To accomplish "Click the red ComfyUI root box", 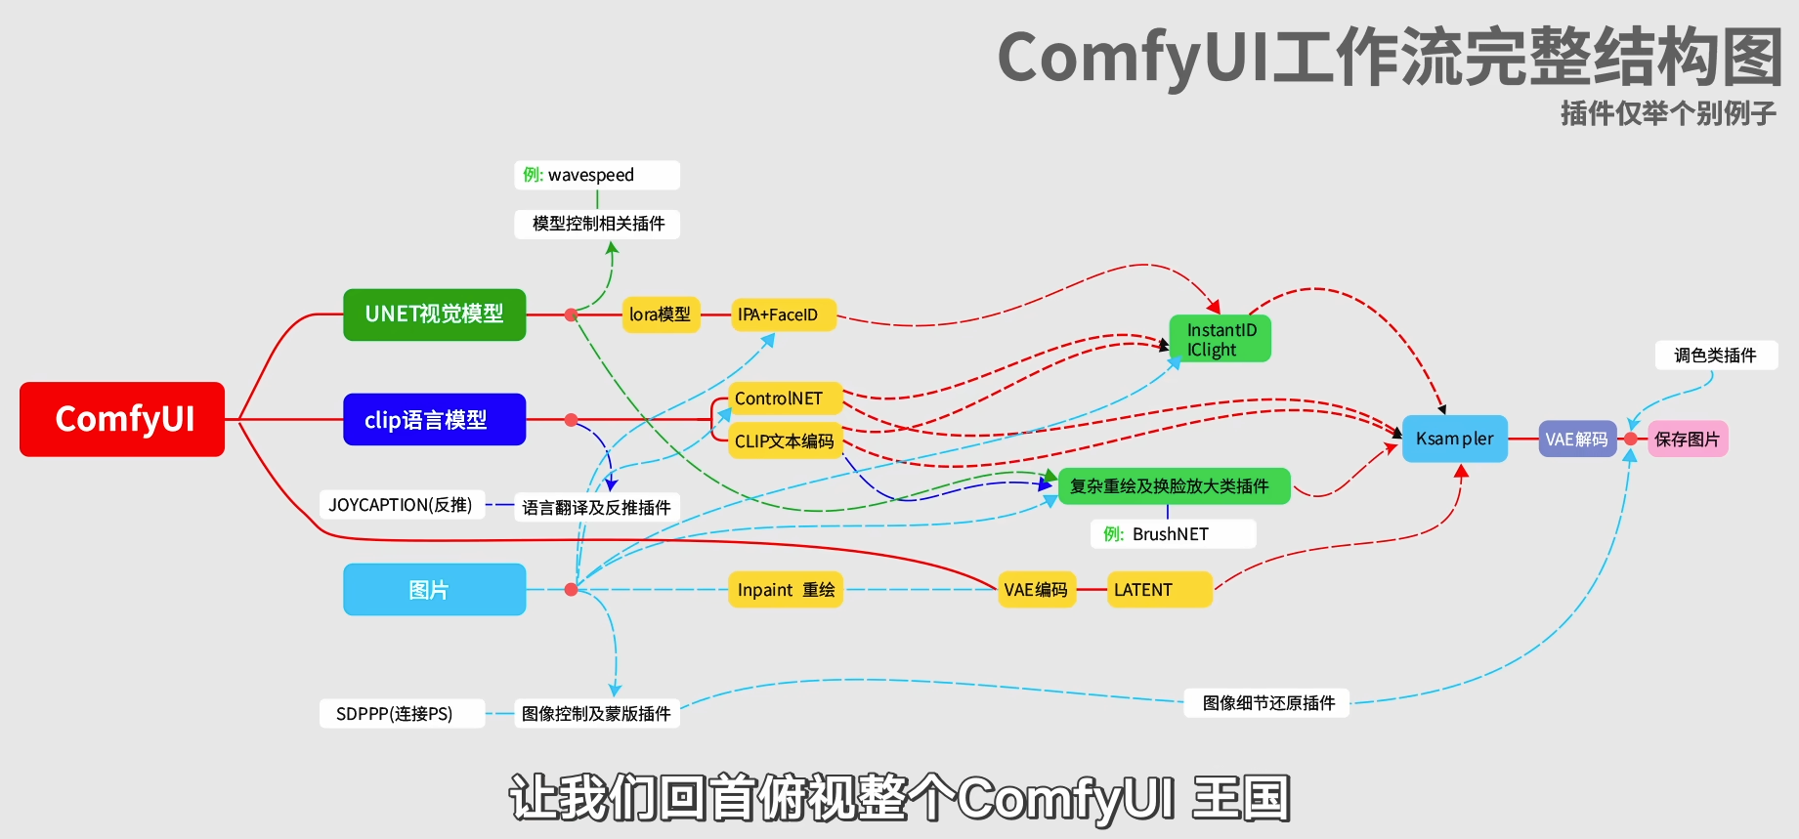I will pos(122,419).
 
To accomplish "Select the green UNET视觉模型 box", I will pos(434,315).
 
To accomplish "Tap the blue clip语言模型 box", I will pos(434,420).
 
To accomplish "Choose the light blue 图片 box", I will pos(434,590).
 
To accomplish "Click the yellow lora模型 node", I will pos(661,315).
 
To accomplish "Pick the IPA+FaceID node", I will pos(783,315).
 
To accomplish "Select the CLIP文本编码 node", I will pos(784,441).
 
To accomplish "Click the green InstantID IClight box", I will pos(1221,339).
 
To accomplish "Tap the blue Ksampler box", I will pos(1454,439).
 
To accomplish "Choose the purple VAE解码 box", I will pos(1576,440).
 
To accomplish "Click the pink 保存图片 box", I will pos(1688,440).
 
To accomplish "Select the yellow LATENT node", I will pos(1159,590).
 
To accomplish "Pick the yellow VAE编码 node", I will pos(1036,590).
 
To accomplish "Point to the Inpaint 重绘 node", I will pos(785,590).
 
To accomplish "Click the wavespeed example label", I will pos(596,175).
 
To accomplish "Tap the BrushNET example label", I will pos(1173,534).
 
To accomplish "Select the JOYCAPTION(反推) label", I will pos(402,505).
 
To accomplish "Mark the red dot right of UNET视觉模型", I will pos(571,315).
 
